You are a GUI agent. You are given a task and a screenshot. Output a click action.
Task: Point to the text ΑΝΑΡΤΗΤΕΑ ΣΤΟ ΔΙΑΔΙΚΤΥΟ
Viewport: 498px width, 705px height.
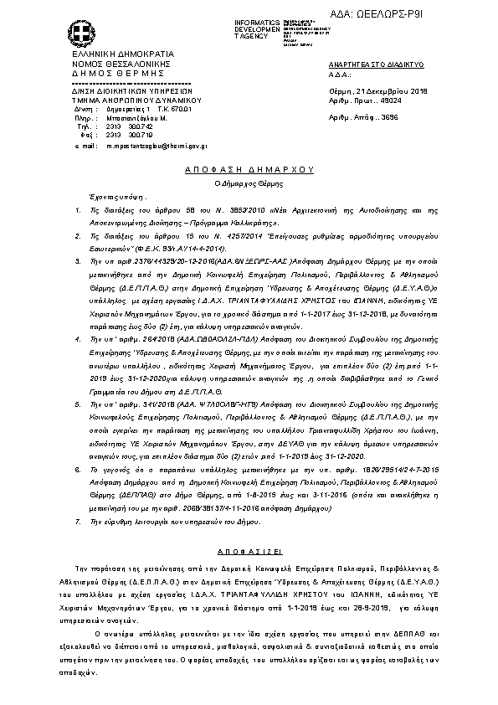tap(377, 64)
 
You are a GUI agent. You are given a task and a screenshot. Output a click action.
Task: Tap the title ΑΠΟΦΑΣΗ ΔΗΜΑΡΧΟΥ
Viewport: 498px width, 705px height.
tap(248, 168)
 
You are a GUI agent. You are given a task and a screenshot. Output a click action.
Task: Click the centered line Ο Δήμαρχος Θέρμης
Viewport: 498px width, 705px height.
tap(248, 181)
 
